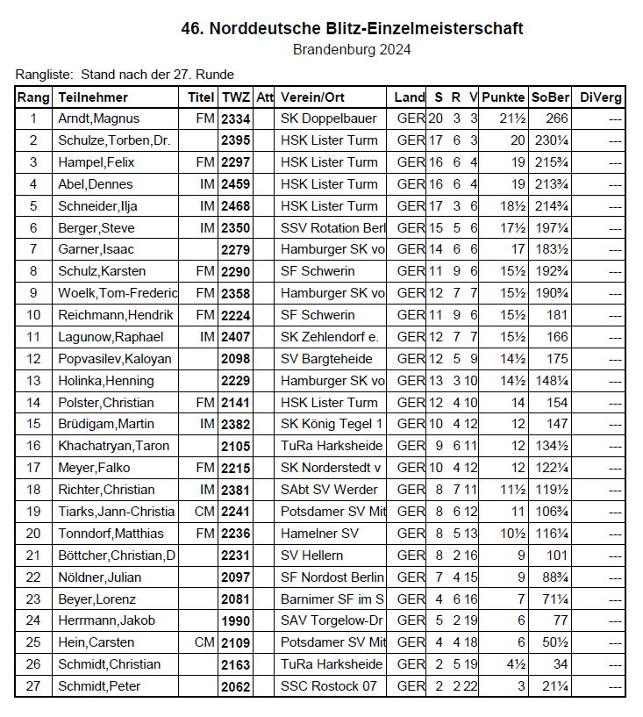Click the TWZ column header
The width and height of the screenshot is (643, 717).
coord(235,97)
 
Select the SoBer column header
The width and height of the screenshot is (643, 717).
coord(550,97)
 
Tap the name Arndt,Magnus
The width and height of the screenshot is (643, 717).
coord(98,118)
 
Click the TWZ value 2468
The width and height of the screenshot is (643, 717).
coord(235,206)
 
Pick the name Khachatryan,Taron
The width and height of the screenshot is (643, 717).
coord(113,446)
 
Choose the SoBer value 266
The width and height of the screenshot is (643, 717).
coord(556,118)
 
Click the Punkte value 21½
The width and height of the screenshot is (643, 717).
coord(511,118)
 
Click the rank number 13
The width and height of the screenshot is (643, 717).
coord(34,381)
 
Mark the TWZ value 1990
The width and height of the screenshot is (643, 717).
coord(235,620)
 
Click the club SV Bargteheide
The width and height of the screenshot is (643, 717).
coord(326,359)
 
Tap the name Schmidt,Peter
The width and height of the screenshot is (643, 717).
coord(99,686)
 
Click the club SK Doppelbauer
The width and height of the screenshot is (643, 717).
coord(327,118)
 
